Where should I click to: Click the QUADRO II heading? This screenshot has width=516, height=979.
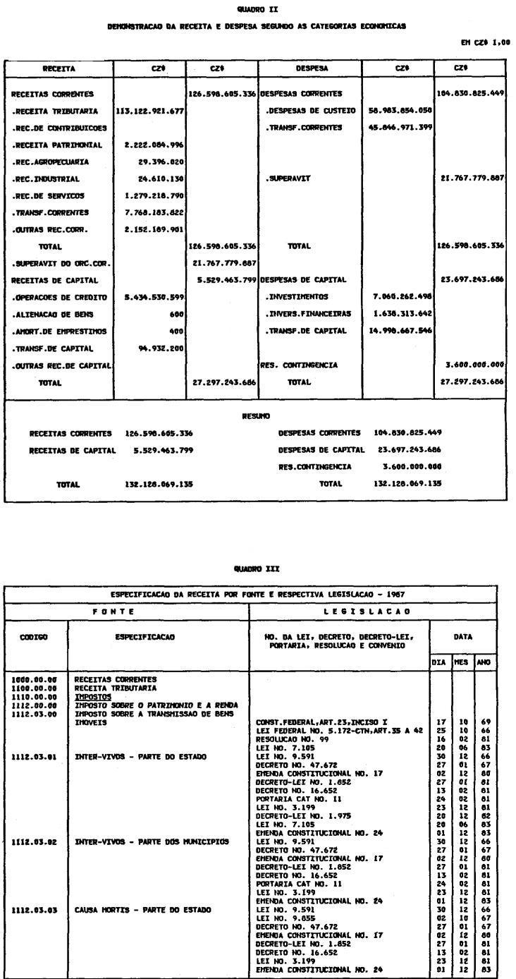tap(258, 8)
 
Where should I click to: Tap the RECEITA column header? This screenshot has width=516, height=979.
tap(59, 69)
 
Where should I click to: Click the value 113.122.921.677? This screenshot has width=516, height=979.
tap(149, 111)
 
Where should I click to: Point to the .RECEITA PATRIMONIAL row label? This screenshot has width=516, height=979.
tap(57, 145)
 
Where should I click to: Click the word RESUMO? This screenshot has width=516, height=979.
tap(258, 416)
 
